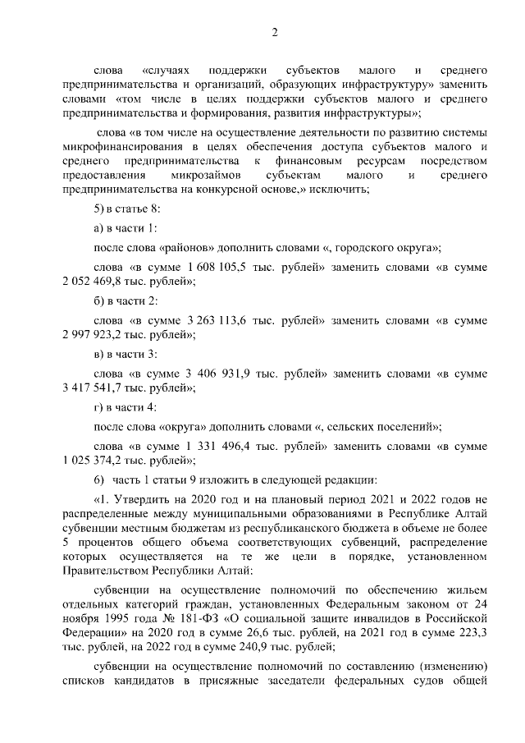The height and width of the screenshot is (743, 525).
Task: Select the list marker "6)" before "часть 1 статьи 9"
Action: pos(100,478)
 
